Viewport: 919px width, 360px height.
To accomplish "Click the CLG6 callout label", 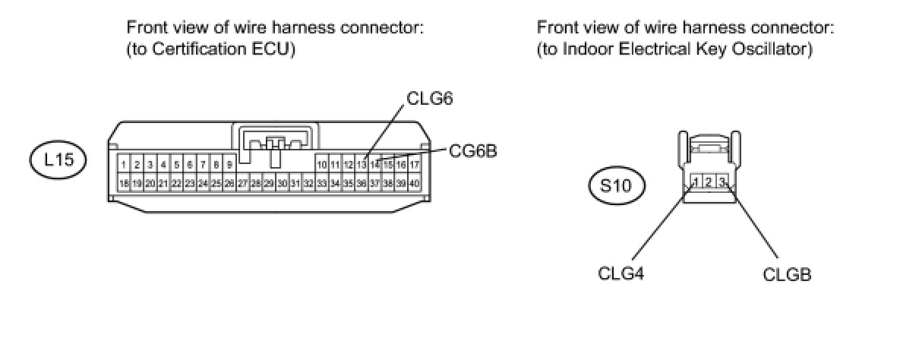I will coord(430,99).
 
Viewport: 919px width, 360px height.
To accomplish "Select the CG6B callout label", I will coord(473,151).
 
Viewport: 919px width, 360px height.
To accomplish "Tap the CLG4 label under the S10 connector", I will coord(621,273).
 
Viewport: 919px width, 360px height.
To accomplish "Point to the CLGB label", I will coord(787,274).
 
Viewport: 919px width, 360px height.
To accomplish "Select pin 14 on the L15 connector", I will coord(375,165).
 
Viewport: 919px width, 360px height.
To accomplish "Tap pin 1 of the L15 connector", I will coord(124,165).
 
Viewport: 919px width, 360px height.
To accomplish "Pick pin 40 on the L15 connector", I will coord(414,183).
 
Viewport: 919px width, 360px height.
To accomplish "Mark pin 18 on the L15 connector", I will coord(124,183).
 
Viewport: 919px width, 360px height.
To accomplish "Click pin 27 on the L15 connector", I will coord(242,183).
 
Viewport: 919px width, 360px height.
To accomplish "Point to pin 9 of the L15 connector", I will coord(229,165).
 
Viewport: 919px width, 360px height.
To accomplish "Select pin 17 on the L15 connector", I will coord(414,165).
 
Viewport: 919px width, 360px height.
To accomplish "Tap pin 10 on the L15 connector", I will coord(322,165).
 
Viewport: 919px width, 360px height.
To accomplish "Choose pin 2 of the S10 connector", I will coord(708,182).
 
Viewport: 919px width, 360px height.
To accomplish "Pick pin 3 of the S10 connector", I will coord(722,182).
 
